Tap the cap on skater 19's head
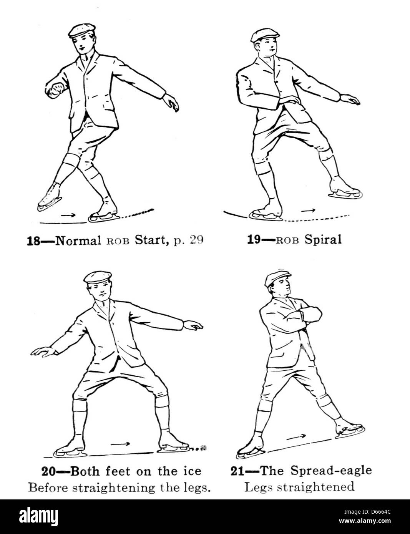tap(264, 34)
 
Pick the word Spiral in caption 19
tap(323, 240)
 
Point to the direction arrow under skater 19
tap(309, 210)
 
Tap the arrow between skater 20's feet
tap(120, 444)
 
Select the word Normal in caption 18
tap(76, 241)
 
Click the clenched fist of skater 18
tap(58, 89)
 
